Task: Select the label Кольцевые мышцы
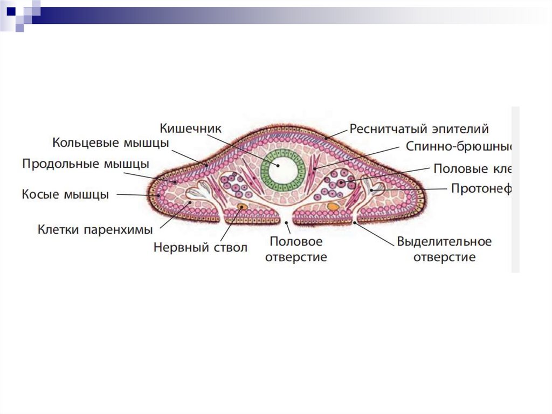[111, 144]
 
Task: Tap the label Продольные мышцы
[86, 164]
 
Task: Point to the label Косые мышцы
[65, 194]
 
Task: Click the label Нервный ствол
[200, 248]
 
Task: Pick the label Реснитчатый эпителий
[419, 129]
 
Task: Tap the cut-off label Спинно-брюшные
[458, 147]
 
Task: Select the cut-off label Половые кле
[472, 169]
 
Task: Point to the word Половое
[296, 241]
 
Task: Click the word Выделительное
[444, 241]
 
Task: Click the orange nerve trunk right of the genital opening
[334, 206]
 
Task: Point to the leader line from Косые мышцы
[135, 194]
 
